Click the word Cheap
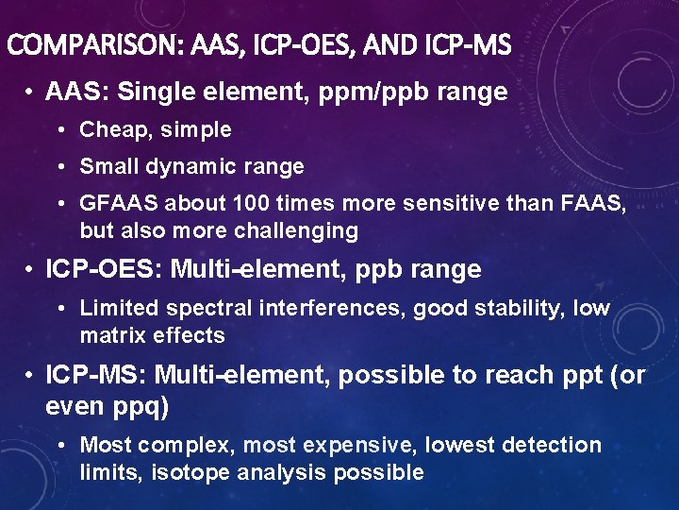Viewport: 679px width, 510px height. coord(111,129)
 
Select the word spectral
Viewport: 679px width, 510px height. coord(204,309)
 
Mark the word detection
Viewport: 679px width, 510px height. coord(551,445)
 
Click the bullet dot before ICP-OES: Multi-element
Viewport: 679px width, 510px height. coord(32,270)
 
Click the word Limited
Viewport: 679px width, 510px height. coord(119,309)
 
